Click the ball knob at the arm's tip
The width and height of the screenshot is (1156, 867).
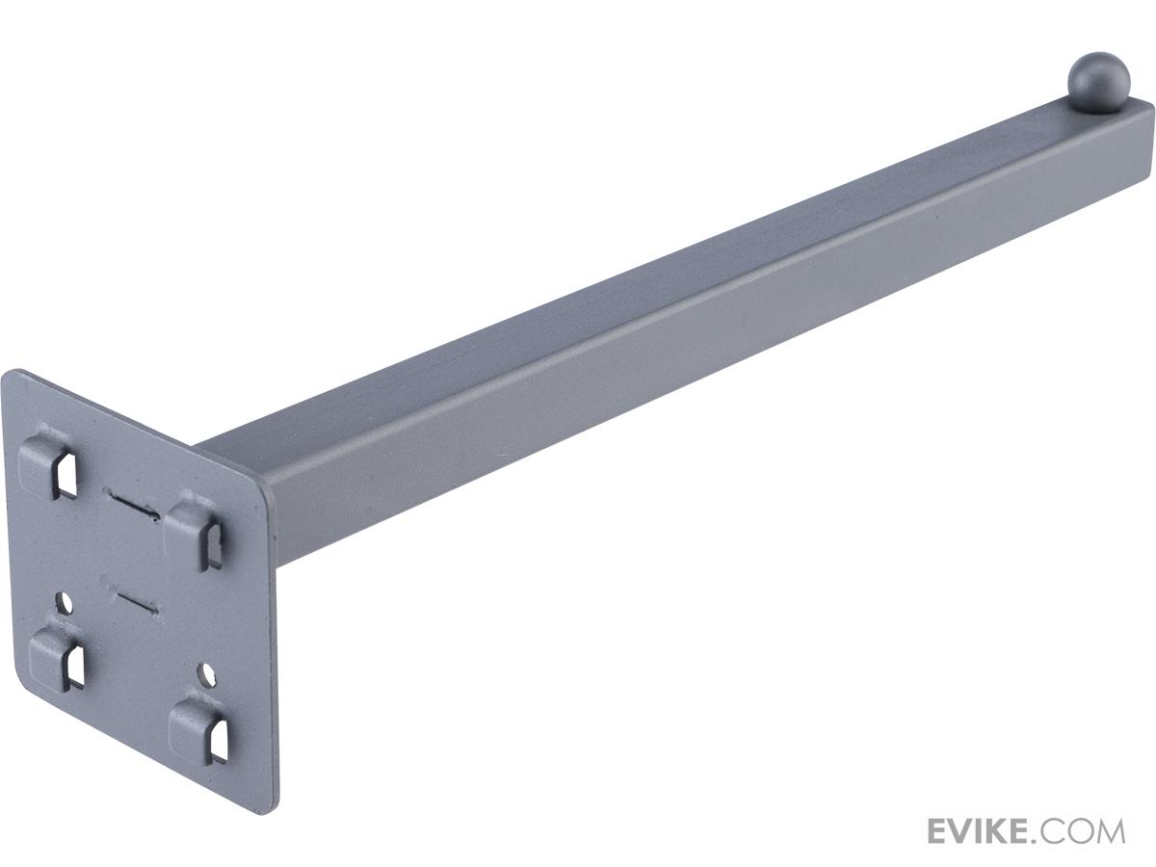click(x=1098, y=83)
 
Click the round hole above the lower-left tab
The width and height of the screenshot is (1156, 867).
click(x=65, y=603)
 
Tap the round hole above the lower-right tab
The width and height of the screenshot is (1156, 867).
click(x=207, y=675)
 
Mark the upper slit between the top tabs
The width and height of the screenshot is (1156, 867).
click(x=133, y=504)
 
